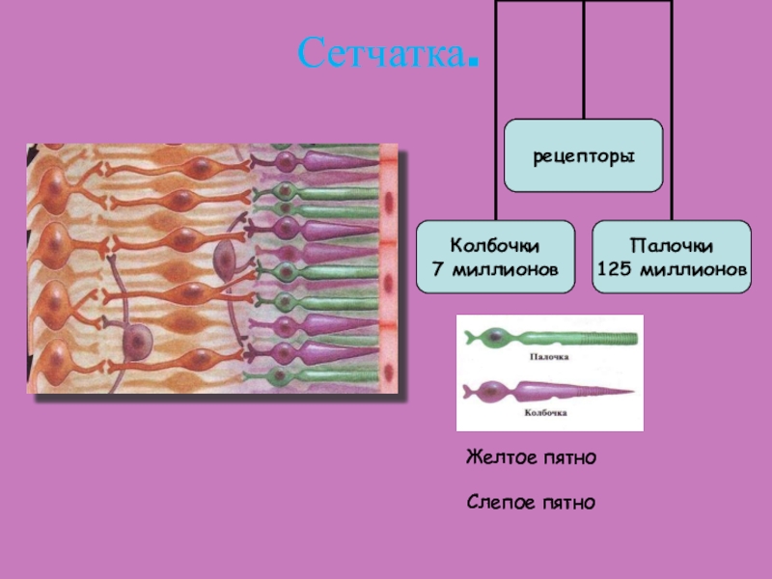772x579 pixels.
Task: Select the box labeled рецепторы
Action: point(584,154)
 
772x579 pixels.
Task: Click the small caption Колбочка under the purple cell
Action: point(546,411)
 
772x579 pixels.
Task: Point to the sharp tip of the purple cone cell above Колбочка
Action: point(631,392)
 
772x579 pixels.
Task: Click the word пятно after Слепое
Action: point(566,502)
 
